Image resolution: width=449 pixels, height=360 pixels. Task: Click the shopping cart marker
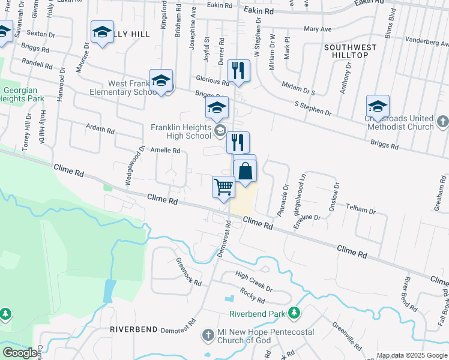[x=223, y=187]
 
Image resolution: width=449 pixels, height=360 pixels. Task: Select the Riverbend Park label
[x=256, y=314]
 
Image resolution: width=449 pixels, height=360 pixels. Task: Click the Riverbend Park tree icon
[x=294, y=313]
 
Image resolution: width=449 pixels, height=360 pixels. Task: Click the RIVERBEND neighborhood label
[x=133, y=329]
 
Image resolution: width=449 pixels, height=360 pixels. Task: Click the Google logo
[x=19, y=353]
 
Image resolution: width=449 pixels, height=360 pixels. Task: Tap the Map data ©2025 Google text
[x=412, y=355]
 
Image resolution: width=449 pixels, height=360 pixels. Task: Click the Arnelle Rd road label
[x=165, y=151]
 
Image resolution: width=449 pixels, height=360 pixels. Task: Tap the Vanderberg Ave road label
[x=427, y=40]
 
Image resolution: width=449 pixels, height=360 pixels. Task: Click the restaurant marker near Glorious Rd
[x=240, y=71]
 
